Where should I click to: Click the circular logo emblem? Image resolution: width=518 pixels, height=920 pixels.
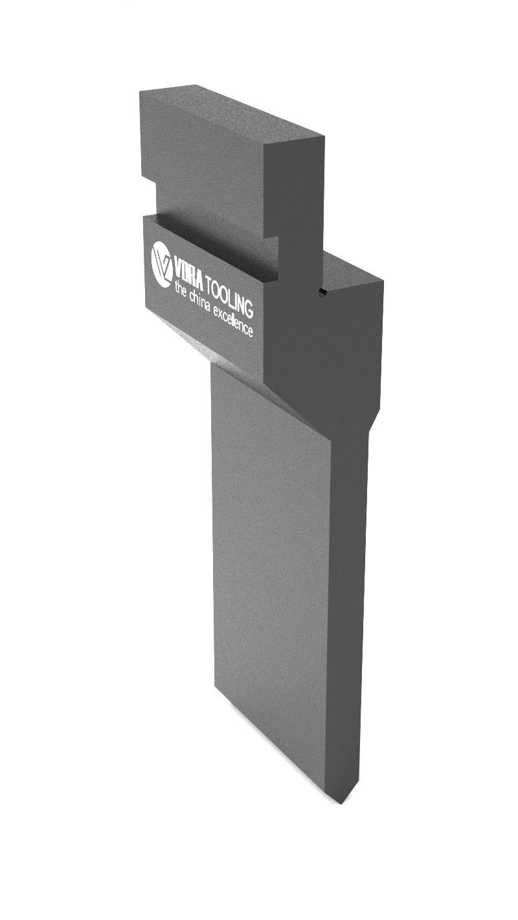(x=162, y=264)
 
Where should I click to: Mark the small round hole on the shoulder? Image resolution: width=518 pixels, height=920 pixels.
(x=321, y=294)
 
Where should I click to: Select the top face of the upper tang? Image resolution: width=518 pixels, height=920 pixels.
(x=233, y=113)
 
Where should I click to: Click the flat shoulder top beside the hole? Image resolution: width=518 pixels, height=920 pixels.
(x=353, y=272)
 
